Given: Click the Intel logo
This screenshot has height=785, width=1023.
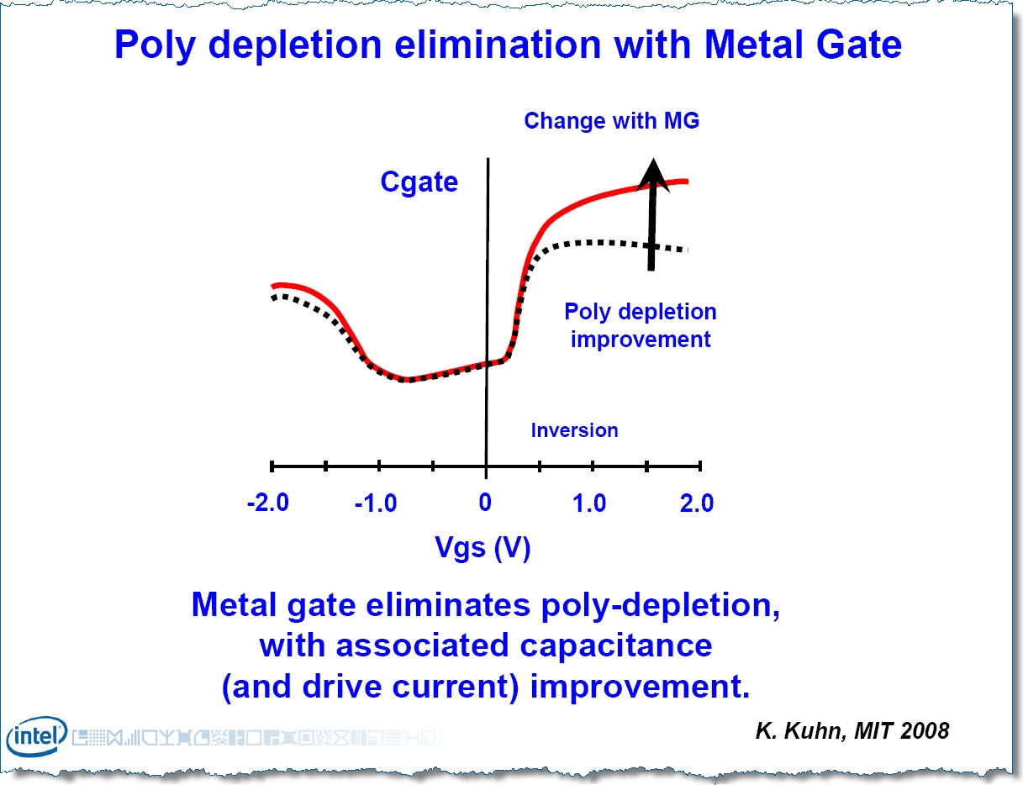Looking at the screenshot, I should pyautogui.click(x=37, y=737).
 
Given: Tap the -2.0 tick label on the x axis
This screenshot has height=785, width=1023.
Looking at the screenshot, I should pyautogui.click(x=268, y=503).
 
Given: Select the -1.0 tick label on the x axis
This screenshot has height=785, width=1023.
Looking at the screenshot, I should pyautogui.click(x=375, y=503).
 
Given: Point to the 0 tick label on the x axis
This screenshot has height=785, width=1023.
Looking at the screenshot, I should pyautogui.click(x=485, y=503).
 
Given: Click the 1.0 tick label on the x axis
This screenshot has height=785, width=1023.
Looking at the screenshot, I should pyautogui.click(x=589, y=503).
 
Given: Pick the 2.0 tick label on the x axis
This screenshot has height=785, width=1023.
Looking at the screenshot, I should pyautogui.click(x=696, y=503).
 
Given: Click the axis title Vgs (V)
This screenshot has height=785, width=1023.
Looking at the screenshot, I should pyautogui.click(x=482, y=548).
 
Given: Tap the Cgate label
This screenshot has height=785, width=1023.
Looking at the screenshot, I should pyautogui.click(x=419, y=182).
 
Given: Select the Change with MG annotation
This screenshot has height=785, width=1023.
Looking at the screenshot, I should pyautogui.click(x=611, y=121).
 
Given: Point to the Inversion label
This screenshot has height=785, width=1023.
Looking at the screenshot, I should pyautogui.click(x=574, y=430).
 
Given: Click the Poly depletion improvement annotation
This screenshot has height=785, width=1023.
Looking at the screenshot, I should pyautogui.click(x=641, y=325).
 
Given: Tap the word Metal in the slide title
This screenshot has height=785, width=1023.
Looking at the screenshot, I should pyautogui.click(x=737, y=45).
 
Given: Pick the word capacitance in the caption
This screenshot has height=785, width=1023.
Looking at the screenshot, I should pyautogui.click(x=620, y=645).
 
